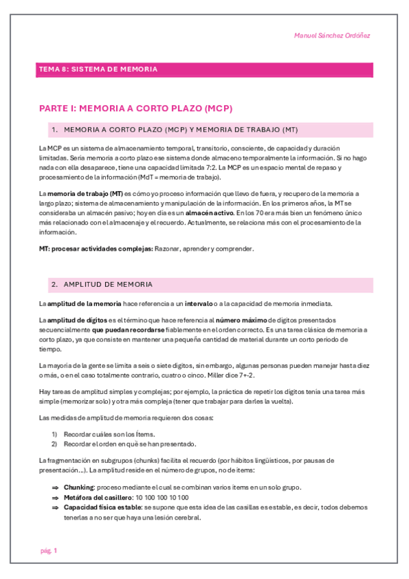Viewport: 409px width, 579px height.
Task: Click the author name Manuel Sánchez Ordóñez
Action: [332, 36]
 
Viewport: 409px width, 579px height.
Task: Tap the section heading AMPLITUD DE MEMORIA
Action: [108, 284]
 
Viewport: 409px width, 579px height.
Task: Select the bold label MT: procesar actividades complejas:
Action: [96, 249]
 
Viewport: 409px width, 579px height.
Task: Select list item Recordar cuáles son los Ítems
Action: [109, 434]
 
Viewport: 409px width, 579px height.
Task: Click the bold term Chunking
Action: [79, 488]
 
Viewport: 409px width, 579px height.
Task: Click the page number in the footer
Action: [48, 550]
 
